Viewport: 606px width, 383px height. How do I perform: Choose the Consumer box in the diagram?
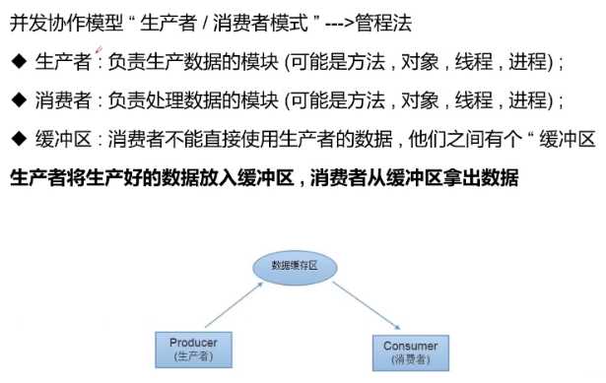pos(410,352)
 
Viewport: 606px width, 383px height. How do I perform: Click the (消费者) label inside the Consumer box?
pos(410,360)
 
